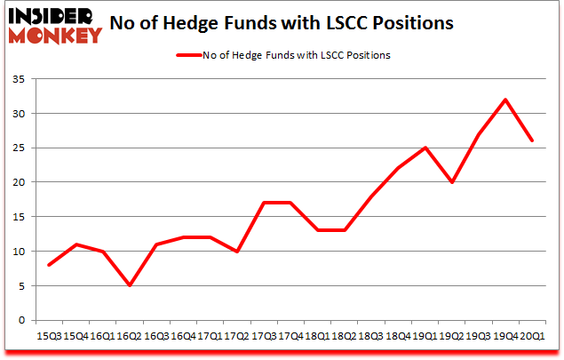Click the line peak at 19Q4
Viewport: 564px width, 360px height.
506,100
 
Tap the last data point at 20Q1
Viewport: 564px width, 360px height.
532,140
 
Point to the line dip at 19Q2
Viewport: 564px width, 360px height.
455,182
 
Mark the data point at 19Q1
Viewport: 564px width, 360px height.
428,148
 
